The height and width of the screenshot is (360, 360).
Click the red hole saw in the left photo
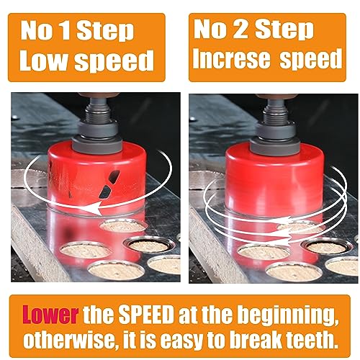pyautogui.click(x=83, y=173)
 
